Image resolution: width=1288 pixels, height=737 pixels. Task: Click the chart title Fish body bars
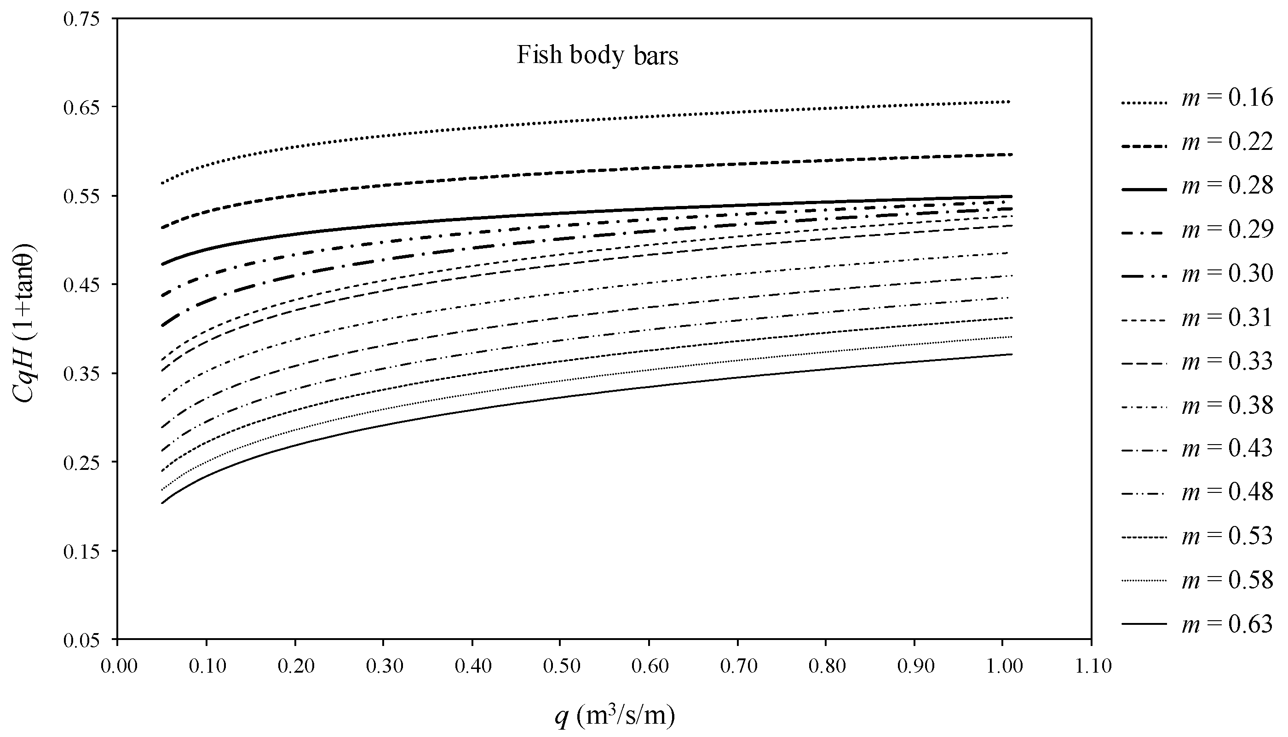[597, 55]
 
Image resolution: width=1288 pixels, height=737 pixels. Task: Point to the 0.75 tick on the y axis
[81, 19]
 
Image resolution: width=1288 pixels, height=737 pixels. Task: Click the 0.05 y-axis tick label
[81, 640]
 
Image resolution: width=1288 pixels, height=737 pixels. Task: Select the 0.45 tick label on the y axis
[81, 285]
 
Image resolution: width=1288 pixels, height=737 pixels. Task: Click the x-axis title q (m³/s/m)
[615, 716]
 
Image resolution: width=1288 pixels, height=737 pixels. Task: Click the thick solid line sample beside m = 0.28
[1144, 189]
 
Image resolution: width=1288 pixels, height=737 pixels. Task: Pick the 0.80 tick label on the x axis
[827, 666]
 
